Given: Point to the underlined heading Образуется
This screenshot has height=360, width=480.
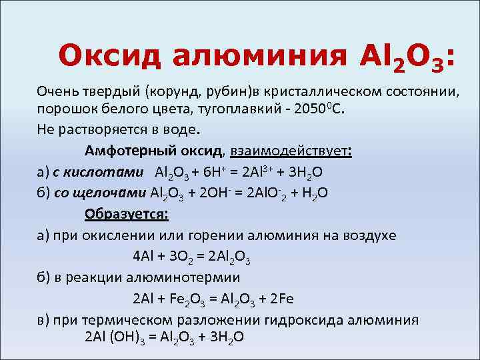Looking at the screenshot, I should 127,214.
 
